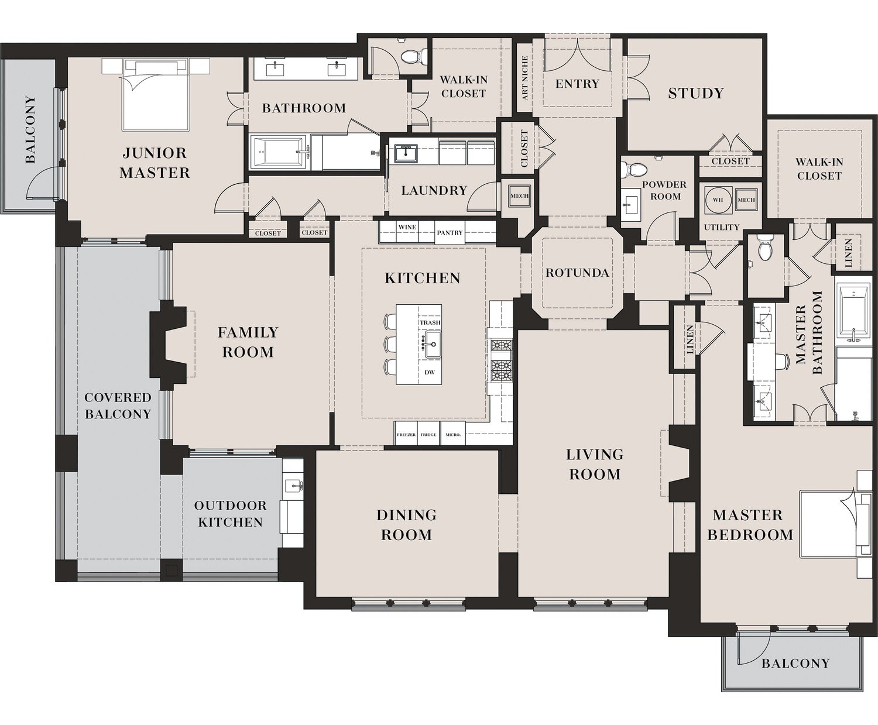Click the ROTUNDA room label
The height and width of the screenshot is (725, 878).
[x=577, y=273]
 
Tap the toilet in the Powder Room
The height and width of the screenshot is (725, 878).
[x=633, y=169]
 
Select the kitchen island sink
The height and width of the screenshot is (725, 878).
[x=433, y=344]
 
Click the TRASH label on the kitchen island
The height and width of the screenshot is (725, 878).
[x=430, y=322]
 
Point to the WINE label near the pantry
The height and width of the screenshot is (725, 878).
[x=407, y=227]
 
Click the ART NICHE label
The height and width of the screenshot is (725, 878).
[x=524, y=78]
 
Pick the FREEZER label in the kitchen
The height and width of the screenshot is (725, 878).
[x=406, y=435]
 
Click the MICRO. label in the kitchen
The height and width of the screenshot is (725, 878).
[x=452, y=435]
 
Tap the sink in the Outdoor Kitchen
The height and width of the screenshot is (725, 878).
[x=293, y=485]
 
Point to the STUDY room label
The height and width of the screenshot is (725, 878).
[x=696, y=93]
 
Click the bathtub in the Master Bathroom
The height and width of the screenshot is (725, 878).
[x=853, y=312]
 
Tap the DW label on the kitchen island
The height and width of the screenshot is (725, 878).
[x=430, y=372]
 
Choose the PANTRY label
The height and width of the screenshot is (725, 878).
[x=450, y=233]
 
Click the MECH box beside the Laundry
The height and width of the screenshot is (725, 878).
[x=519, y=196]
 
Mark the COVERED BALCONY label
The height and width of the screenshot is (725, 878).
[x=118, y=406]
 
